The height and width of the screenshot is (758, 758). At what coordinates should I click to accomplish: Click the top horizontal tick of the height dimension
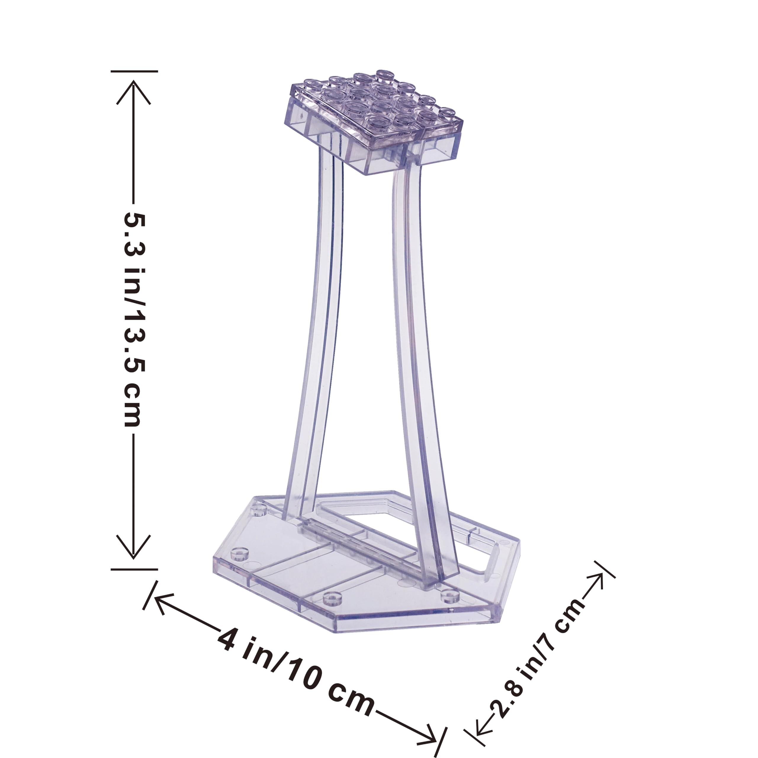pos(134,71)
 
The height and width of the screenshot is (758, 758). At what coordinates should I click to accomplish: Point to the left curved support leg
pos(314,333)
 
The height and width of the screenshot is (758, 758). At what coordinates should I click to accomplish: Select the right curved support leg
pos(420,353)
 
